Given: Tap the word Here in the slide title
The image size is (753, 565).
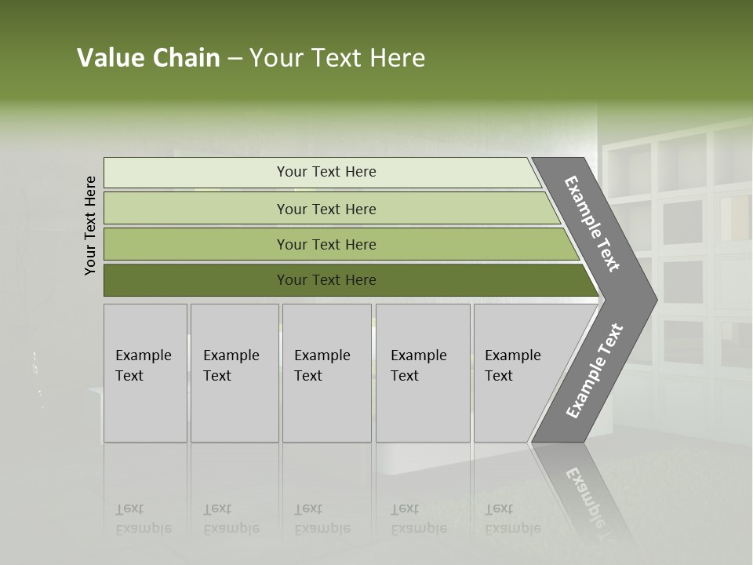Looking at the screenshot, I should click(x=397, y=58).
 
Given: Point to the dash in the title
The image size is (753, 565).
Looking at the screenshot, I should click(x=235, y=59).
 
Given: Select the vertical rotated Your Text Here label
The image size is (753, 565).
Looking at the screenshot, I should click(x=90, y=225).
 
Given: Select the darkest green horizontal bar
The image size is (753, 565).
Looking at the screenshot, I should click(x=196, y=280).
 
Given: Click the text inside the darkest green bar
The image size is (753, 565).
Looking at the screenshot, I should click(x=326, y=280).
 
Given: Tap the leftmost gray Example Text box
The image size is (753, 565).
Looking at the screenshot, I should click(x=145, y=373).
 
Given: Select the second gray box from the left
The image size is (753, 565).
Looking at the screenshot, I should click(x=234, y=373).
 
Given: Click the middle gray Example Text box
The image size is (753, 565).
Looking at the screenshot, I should click(x=326, y=373).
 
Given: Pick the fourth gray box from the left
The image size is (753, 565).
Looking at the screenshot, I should click(x=422, y=373).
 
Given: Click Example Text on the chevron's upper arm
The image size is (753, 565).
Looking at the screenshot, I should click(x=592, y=224).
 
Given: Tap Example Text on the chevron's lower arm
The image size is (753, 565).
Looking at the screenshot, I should click(x=594, y=371).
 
